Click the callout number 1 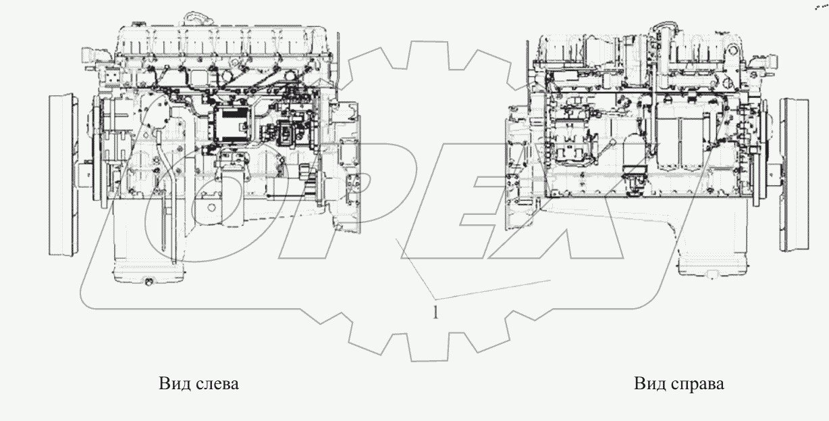[435, 312]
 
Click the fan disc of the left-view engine [63, 175]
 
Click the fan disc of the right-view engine [794, 175]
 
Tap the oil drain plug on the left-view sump [149, 282]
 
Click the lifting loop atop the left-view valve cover [192, 16]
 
